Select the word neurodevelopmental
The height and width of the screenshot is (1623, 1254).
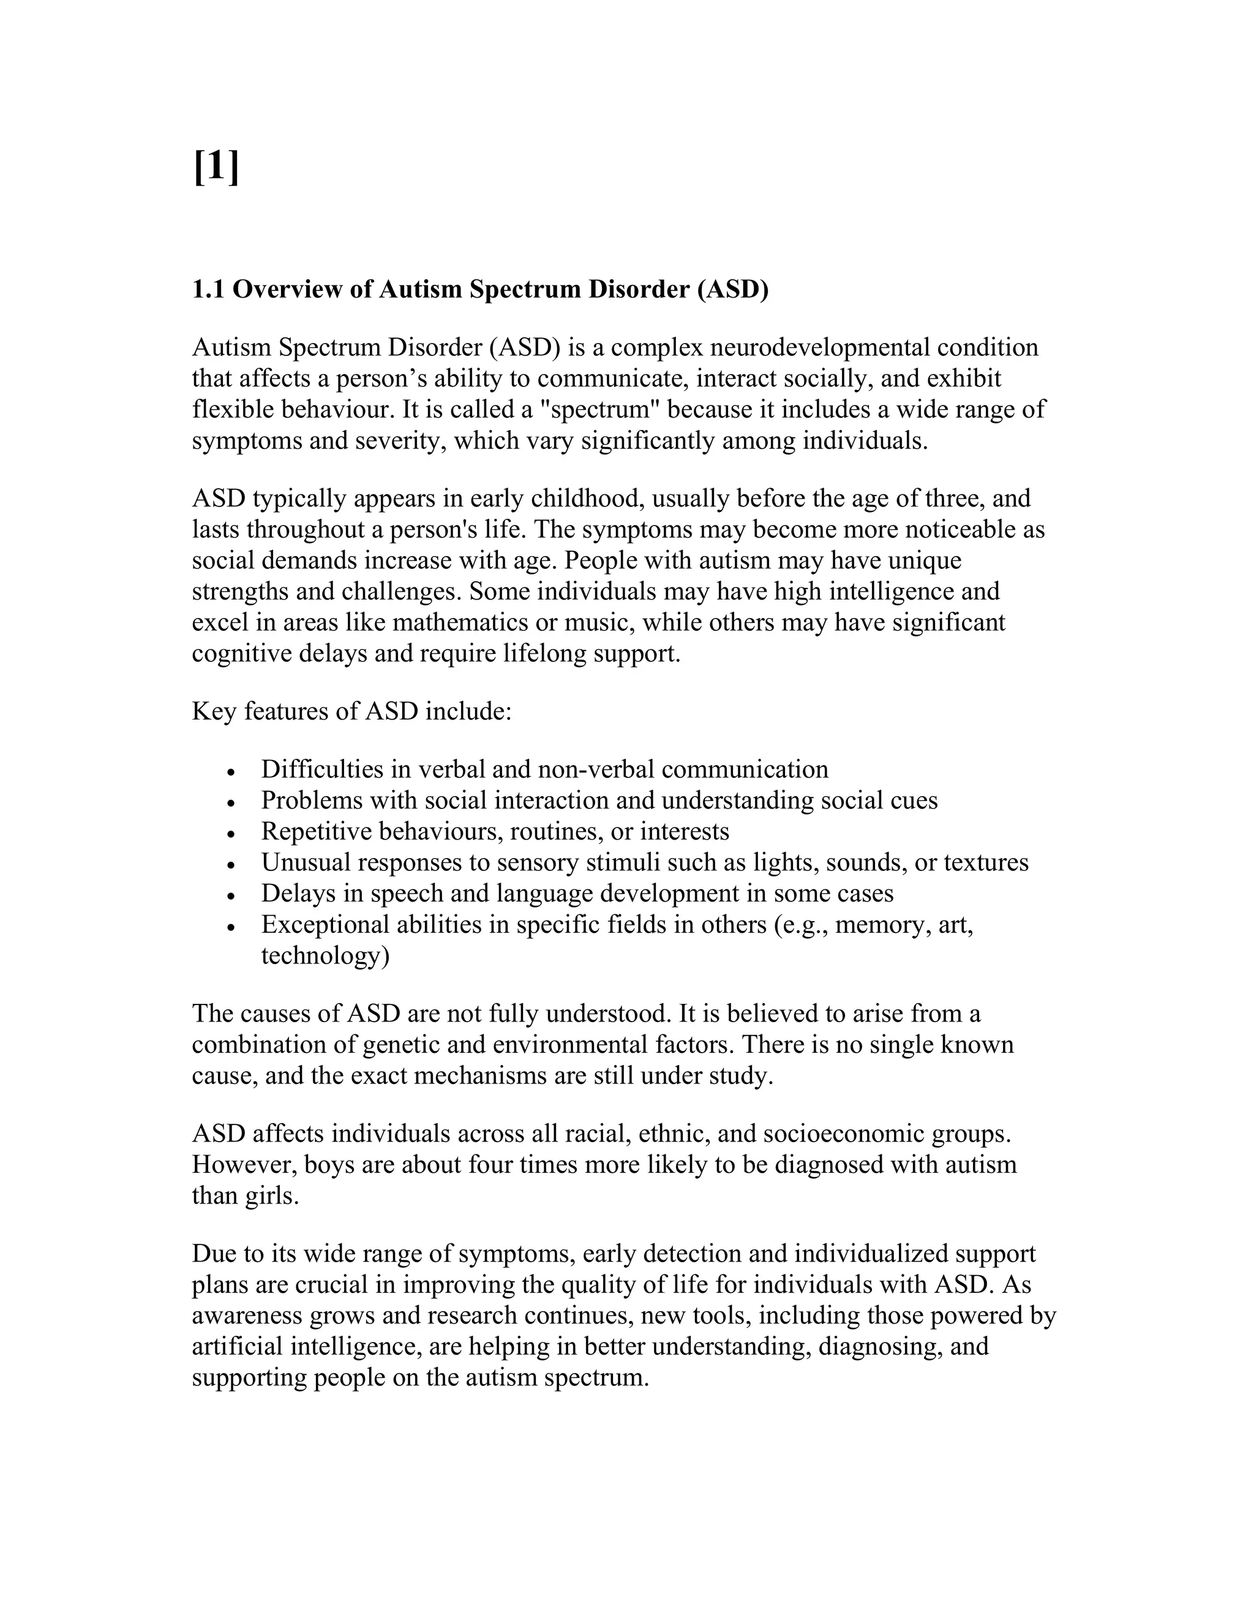click(x=819, y=347)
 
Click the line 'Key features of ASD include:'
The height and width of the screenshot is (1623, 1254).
click(x=351, y=711)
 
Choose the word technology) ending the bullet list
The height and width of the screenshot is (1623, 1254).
click(x=325, y=955)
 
